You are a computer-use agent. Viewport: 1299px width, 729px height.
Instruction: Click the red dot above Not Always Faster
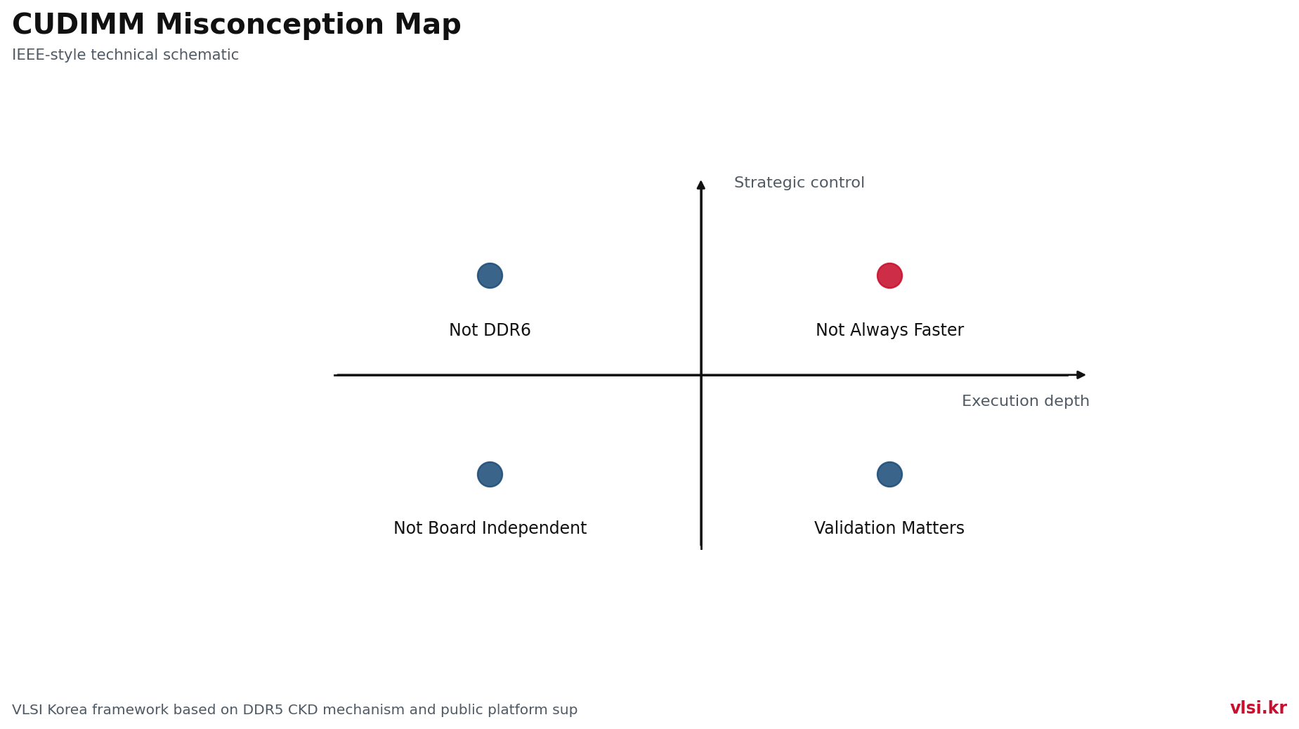(889, 275)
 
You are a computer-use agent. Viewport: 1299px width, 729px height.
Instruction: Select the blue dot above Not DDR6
(490, 275)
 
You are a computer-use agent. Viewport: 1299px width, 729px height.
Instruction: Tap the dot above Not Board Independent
(490, 474)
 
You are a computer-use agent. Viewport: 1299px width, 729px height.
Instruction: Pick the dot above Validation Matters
(889, 474)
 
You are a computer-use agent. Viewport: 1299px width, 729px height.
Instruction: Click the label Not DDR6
(490, 330)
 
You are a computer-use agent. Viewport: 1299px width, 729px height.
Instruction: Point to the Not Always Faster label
(889, 330)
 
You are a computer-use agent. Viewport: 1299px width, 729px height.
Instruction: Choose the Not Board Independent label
(490, 528)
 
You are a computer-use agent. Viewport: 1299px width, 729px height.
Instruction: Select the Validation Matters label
(889, 528)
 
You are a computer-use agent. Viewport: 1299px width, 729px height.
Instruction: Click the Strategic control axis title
(799, 183)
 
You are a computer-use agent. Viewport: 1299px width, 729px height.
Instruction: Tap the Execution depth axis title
(1026, 401)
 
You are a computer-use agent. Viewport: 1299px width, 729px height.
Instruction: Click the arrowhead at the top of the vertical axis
(701, 185)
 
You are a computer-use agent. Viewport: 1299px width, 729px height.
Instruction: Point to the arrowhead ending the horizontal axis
(1081, 375)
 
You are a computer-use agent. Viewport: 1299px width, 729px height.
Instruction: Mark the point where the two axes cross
(701, 375)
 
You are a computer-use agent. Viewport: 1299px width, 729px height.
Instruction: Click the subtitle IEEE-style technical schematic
(126, 55)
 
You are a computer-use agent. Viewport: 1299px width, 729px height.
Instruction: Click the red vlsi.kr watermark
(1258, 708)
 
